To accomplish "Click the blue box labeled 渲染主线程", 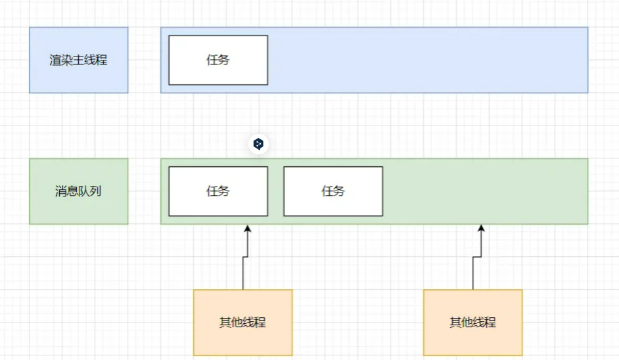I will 78,60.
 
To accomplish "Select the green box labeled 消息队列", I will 78,191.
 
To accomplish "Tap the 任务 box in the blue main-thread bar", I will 218,60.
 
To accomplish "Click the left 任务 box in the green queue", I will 218,191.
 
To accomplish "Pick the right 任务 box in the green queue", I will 333,191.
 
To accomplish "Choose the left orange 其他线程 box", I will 242,322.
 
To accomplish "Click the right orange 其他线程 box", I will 472,322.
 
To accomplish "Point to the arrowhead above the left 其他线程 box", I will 248,228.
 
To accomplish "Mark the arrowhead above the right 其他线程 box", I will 481,228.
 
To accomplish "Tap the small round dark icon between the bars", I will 259,144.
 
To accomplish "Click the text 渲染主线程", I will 78,60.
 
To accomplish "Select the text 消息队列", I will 78,192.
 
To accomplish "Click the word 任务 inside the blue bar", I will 218,60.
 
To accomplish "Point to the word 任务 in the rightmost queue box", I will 333,191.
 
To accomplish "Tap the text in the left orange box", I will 242,322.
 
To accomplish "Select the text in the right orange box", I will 472,322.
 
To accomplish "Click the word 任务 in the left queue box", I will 218,191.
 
